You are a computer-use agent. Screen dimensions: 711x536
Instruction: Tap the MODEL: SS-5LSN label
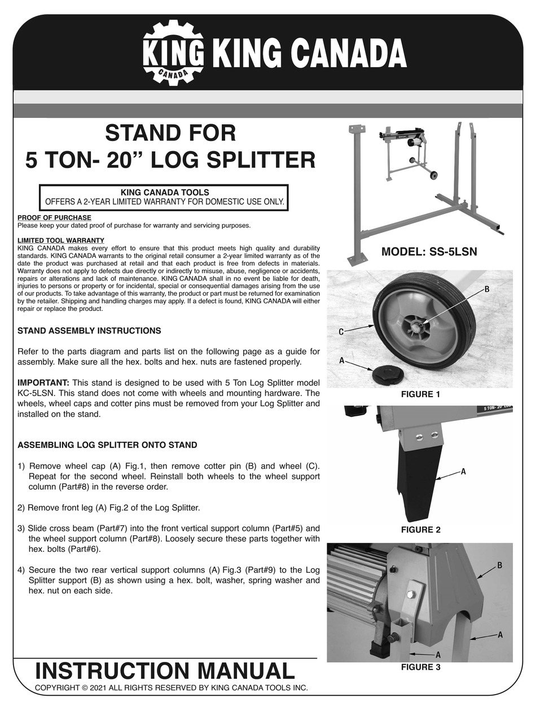pos(429,252)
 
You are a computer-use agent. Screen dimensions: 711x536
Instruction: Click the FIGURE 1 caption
pos(420,394)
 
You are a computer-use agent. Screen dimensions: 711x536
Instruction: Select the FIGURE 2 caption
pos(420,530)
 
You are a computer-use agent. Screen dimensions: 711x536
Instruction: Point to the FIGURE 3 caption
pos(420,667)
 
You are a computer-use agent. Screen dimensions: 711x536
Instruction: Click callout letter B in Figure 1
pos(486,289)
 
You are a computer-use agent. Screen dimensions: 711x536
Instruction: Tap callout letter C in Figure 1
pos(341,332)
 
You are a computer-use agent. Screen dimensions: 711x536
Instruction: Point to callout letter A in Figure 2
pos(463,471)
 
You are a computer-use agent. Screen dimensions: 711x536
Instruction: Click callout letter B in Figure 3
pos(499,565)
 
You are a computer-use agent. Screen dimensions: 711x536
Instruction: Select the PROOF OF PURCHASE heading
pos(54,218)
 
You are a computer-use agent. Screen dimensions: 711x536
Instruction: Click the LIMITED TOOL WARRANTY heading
pos(61,240)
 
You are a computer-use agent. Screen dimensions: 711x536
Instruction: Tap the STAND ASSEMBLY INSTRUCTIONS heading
pos(89,331)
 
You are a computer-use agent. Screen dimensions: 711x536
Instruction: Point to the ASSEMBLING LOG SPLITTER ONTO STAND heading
pos(107,445)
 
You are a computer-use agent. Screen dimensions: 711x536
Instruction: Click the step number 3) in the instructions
pos(21,529)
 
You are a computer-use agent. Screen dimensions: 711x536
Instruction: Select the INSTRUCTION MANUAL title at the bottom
pos(165,671)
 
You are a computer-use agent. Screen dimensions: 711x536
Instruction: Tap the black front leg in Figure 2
pos(419,480)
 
